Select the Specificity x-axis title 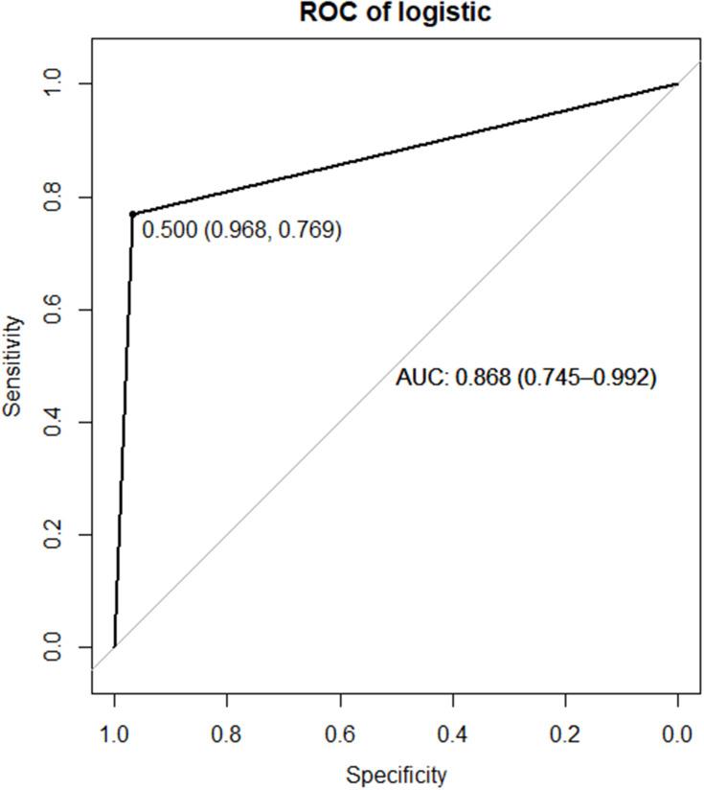pos(396,774)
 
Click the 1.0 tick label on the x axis pos(114,734)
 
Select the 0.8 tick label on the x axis pos(227,734)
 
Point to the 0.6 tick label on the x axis pos(340,734)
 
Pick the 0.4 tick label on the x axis pos(452,734)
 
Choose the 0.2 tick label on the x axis pos(565,734)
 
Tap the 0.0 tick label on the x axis pos(677,734)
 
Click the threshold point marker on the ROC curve pos(132,214)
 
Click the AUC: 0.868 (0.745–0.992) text pos(526,379)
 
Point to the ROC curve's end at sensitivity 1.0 pos(677,83)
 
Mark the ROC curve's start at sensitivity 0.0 pos(115,646)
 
